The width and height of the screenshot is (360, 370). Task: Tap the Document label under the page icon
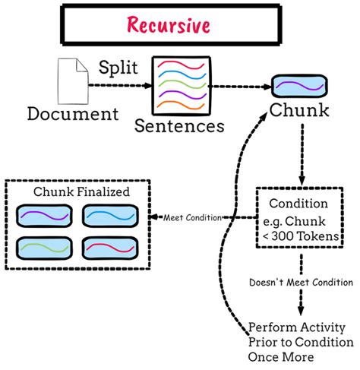pyautogui.click(x=74, y=114)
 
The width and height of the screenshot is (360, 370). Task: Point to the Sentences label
pyautogui.click(x=179, y=125)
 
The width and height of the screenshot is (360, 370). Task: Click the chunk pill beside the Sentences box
pyautogui.click(x=301, y=85)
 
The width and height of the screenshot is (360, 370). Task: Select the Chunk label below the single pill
pyautogui.click(x=300, y=112)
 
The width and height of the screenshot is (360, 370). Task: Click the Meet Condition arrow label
pyautogui.click(x=193, y=218)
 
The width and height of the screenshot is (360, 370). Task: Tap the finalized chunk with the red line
pyautogui.click(x=109, y=248)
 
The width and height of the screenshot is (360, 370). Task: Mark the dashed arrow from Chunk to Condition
pyautogui.click(x=302, y=152)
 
